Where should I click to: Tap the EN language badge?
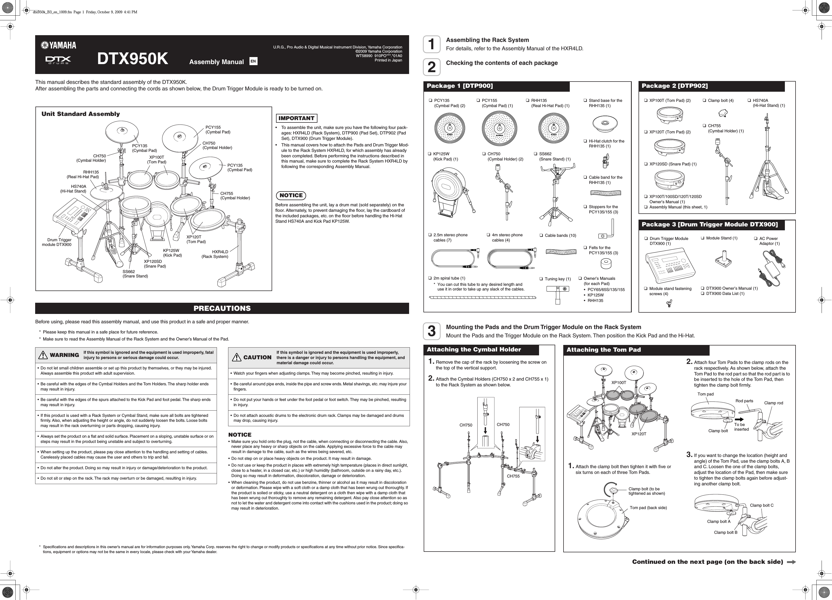coord(253,61)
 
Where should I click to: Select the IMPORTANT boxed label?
coord(296,118)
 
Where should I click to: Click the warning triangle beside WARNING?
coord(43,355)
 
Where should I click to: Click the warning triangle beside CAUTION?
coord(237,357)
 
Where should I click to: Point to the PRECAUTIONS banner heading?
coord(222,308)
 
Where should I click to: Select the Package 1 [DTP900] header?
coord(460,86)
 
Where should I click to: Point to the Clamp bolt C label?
coord(762,505)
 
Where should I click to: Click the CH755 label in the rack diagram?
coord(513,476)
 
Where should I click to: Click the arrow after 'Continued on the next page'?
coord(791,562)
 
